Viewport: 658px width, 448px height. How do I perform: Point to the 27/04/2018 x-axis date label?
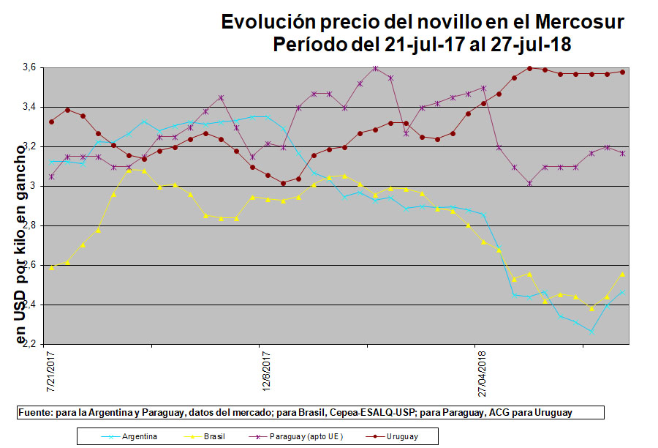point(483,374)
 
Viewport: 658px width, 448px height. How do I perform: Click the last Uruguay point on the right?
point(622,72)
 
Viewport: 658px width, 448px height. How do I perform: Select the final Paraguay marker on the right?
point(622,153)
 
